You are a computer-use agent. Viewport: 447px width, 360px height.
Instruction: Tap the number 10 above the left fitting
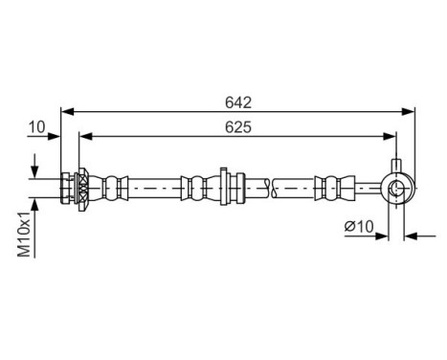36,125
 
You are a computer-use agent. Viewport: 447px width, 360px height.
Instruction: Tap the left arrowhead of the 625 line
83,136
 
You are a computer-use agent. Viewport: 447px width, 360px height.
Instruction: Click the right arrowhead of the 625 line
391,136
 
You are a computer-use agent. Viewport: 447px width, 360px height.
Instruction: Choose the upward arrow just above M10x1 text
36,203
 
